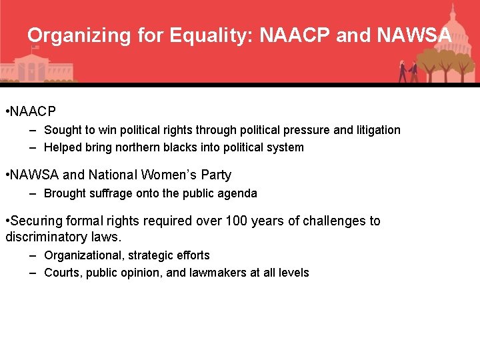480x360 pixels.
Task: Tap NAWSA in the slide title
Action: click(414, 35)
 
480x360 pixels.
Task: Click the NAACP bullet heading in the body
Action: click(34, 111)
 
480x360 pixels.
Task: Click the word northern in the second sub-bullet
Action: click(140, 147)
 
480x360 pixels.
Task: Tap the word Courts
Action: click(62, 273)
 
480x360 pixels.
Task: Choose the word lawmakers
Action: click(219, 273)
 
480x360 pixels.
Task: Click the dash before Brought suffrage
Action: click(33, 193)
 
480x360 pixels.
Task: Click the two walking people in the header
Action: click(408, 71)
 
